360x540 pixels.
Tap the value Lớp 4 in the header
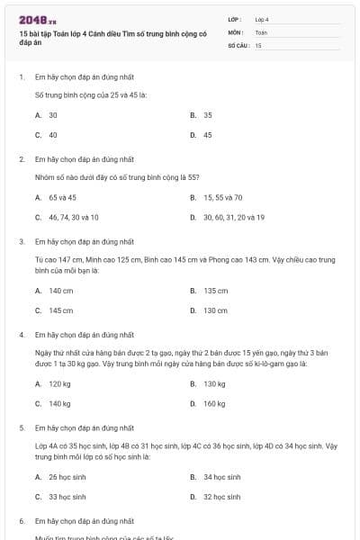[262, 19]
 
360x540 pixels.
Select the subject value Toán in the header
[261, 31]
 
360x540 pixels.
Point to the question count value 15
[258, 44]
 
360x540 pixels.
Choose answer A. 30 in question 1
[47, 115]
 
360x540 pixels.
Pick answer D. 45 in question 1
[202, 135]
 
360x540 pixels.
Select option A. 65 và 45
[57, 197]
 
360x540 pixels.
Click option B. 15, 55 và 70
[217, 197]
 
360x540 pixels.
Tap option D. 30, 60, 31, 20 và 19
[228, 217]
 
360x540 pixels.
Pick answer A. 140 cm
[55, 291]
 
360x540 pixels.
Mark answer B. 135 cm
[210, 291]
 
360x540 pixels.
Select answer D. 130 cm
[210, 310]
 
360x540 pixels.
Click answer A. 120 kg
[54, 383]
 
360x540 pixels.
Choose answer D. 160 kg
[209, 403]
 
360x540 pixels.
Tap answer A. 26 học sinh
[60, 477]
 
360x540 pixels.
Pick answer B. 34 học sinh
[216, 477]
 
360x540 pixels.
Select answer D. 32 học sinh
[216, 497]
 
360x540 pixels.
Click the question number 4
[22, 334]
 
